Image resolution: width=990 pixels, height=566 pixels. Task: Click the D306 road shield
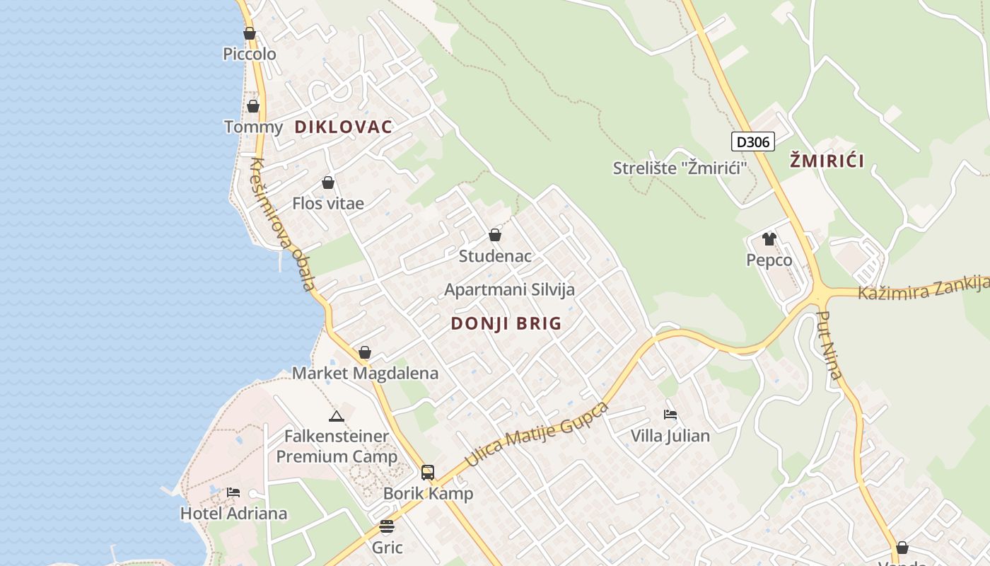752,141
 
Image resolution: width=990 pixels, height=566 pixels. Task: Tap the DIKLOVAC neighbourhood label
343,127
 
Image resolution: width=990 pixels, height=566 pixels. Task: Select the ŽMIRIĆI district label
827,161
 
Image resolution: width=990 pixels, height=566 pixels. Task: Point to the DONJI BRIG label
506,323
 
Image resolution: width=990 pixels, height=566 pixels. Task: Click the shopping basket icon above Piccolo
249,33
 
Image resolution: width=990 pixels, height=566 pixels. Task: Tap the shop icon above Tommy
252,106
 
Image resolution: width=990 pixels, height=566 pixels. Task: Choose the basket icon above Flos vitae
328,183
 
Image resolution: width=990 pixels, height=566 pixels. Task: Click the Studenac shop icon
495,235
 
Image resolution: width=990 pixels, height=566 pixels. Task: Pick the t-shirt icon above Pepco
769,239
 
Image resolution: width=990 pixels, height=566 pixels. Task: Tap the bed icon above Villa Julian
670,414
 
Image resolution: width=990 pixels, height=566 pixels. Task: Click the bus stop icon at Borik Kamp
428,473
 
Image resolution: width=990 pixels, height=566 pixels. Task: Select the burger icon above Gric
386,526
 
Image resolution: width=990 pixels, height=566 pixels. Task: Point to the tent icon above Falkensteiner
337,416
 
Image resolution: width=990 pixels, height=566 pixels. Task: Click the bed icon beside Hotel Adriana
233,492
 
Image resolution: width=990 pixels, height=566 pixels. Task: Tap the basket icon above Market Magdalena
365,352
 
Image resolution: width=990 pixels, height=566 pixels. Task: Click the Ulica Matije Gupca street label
537,434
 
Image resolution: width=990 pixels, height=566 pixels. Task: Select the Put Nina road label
829,345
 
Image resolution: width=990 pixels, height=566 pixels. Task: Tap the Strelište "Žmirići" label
680,168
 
